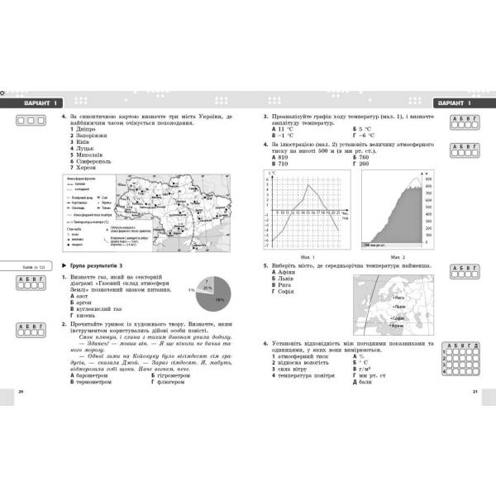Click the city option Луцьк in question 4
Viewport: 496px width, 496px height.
pos(83,147)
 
